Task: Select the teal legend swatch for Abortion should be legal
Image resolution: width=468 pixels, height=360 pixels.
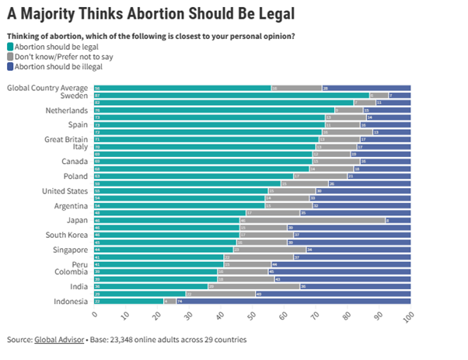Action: coord(11,44)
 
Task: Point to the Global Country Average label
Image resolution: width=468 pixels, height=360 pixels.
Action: coord(47,87)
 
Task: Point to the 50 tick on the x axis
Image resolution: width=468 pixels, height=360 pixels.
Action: coord(252,317)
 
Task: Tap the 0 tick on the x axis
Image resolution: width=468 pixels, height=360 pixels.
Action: coord(94,316)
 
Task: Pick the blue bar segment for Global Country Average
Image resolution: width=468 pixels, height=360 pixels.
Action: coord(366,88)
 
